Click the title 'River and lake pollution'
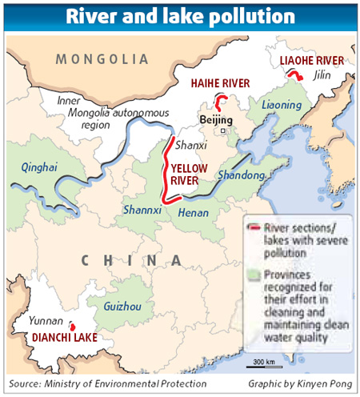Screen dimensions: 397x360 pos(179,15)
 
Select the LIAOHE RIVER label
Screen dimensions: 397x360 pos(311,60)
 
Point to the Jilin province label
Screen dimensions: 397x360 pos(323,75)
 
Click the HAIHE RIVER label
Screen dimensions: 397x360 pos(220,82)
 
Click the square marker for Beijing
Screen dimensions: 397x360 pos(224,130)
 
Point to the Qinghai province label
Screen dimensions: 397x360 pos(38,166)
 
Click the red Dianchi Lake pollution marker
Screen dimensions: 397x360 pos(72,327)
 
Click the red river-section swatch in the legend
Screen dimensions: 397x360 pos(254,227)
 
